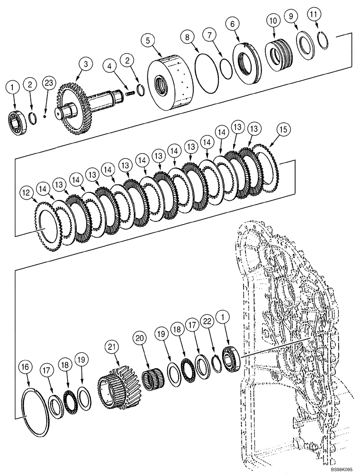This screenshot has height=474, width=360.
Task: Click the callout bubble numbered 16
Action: (x=27, y=367)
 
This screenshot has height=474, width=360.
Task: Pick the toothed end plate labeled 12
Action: (x=47, y=228)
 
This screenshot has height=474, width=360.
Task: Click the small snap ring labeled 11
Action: (x=324, y=40)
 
